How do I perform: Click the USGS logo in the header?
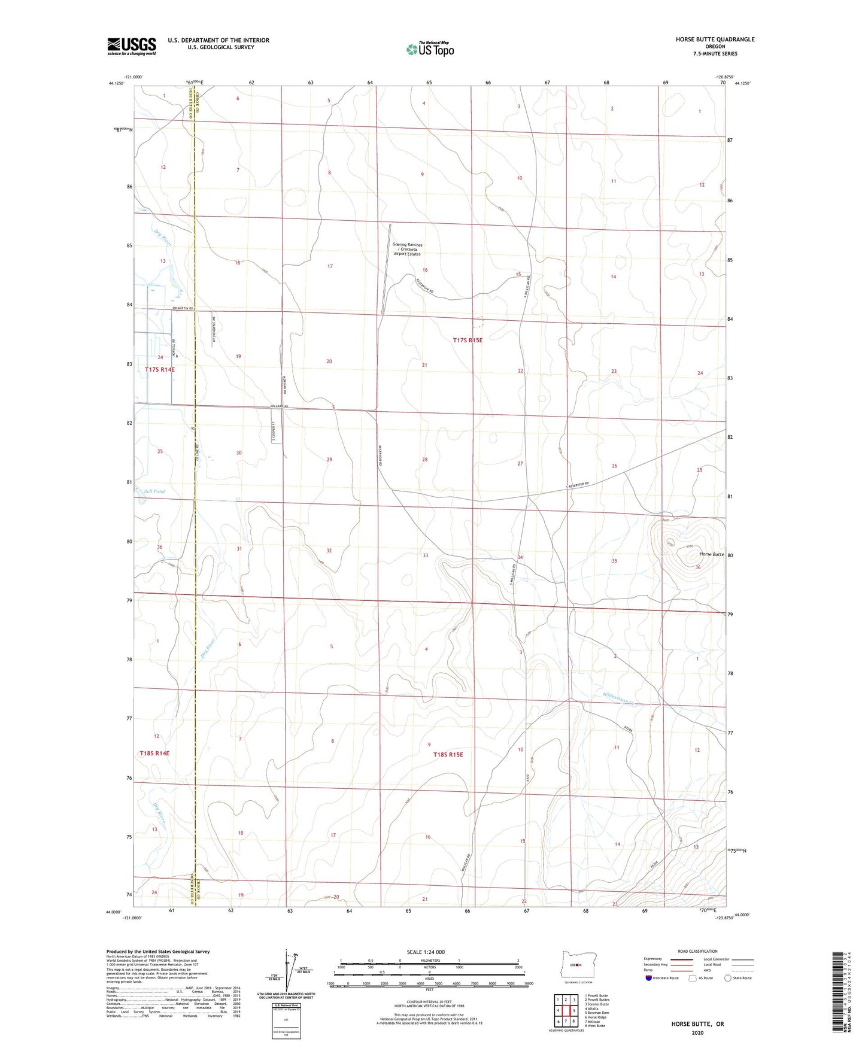click(131, 46)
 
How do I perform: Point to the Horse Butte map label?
click(712, 554)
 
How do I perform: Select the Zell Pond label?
click(154, 491)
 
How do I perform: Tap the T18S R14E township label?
click(154, 753)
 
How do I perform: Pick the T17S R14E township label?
click(160, 370)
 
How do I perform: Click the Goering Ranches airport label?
click(407, 249)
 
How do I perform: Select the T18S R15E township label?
click(448, 755)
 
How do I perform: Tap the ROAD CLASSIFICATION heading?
click(697, 951)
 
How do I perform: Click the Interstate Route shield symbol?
click(649, 978)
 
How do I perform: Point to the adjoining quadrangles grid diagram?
click(566, 1011)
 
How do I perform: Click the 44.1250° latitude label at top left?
click(117, 84)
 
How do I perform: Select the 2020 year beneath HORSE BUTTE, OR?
click(697, 1033)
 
